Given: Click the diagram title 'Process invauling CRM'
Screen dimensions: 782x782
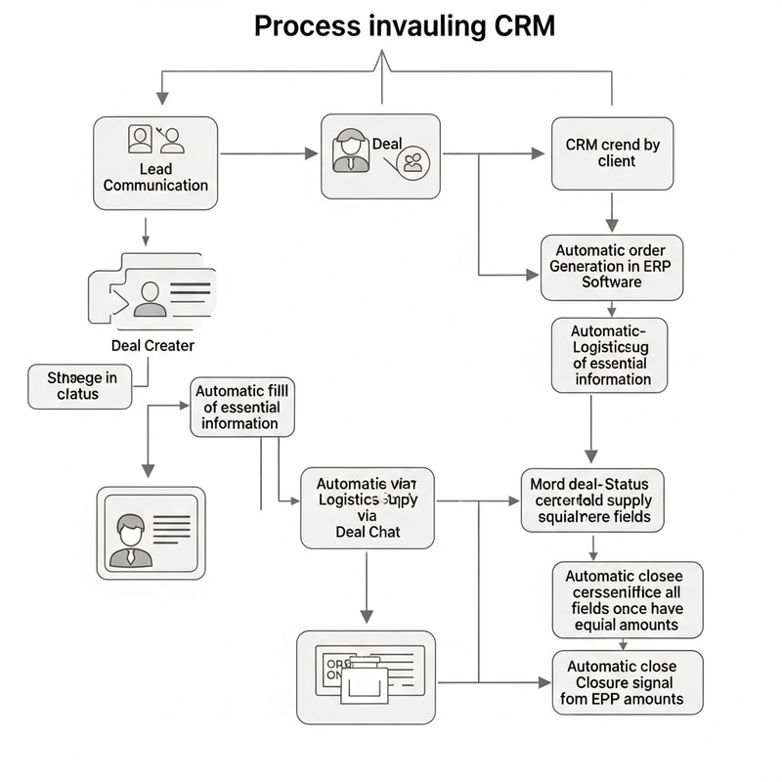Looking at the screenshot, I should pos(404,25).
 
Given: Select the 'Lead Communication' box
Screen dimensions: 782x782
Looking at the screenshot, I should pos(155,162).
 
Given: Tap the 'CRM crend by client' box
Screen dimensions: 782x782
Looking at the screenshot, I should pos(613,152).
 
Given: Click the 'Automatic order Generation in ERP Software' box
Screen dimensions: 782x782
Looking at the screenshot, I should pos(612,266).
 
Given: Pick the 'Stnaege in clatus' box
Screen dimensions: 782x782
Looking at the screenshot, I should pos(80,385).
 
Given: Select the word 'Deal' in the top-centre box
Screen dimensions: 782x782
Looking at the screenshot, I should pos(387,144).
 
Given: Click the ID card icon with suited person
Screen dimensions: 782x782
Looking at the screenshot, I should pos(152,532).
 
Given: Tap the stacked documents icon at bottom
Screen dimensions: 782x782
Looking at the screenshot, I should pos(366,675).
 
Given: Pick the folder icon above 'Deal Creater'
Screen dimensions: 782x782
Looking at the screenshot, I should pos(152,289).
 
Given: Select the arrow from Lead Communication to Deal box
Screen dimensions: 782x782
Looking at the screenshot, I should pos(269,154).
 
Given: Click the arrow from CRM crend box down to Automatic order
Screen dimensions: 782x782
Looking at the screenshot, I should pos(613,210).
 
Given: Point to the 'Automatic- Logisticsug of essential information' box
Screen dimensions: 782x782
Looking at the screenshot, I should pos(610,355).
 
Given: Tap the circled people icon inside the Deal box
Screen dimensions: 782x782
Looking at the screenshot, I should pos(413,162).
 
